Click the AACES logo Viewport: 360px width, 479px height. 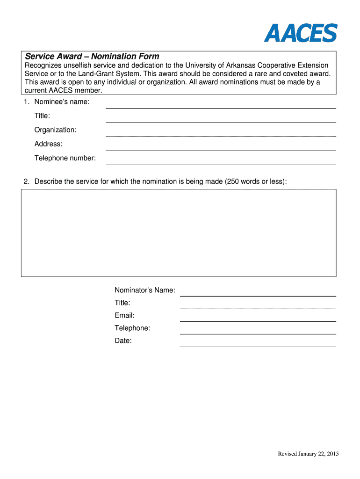click(300, 33)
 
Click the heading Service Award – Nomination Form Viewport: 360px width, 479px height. click(92, 57)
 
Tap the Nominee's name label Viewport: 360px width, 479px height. click(62, 102)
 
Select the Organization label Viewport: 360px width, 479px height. click(56, 130)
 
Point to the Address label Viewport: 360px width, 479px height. click(48, 144)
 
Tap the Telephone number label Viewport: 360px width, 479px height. click(65, 158)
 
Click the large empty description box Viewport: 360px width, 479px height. click(178, 232)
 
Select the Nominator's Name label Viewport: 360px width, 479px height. click(145, 290)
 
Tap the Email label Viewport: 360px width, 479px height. click(124, 316)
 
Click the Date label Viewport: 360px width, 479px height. click(123, 341)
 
